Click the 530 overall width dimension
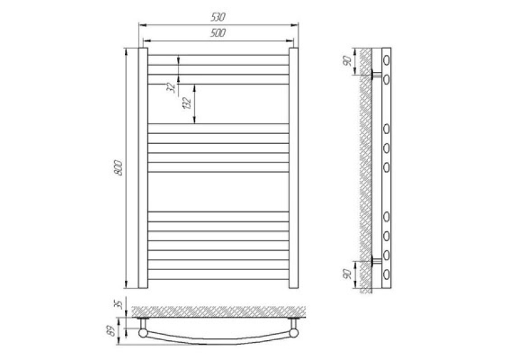pyautogui.click(x=218, y=17)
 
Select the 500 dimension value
pyautogui.click(x=218, y=33)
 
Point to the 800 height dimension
pyautogui.click(x=119, y=168)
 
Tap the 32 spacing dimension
pyautogui.click(x=172, y=87)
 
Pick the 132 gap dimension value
pyautogui.click(x=188, y=103)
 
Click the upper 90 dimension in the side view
pyautogui.click(x=347, y=61)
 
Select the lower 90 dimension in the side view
pyautogui.click(x=347, y=274)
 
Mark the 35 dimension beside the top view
pyautogui.click(x=119, y=304)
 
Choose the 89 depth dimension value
pyautogui.click(x=112, y=332)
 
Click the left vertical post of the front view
pyautogui.click(x=143, y=168)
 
